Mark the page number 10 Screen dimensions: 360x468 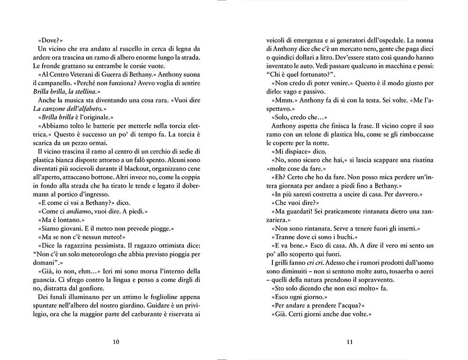coord(116,341)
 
